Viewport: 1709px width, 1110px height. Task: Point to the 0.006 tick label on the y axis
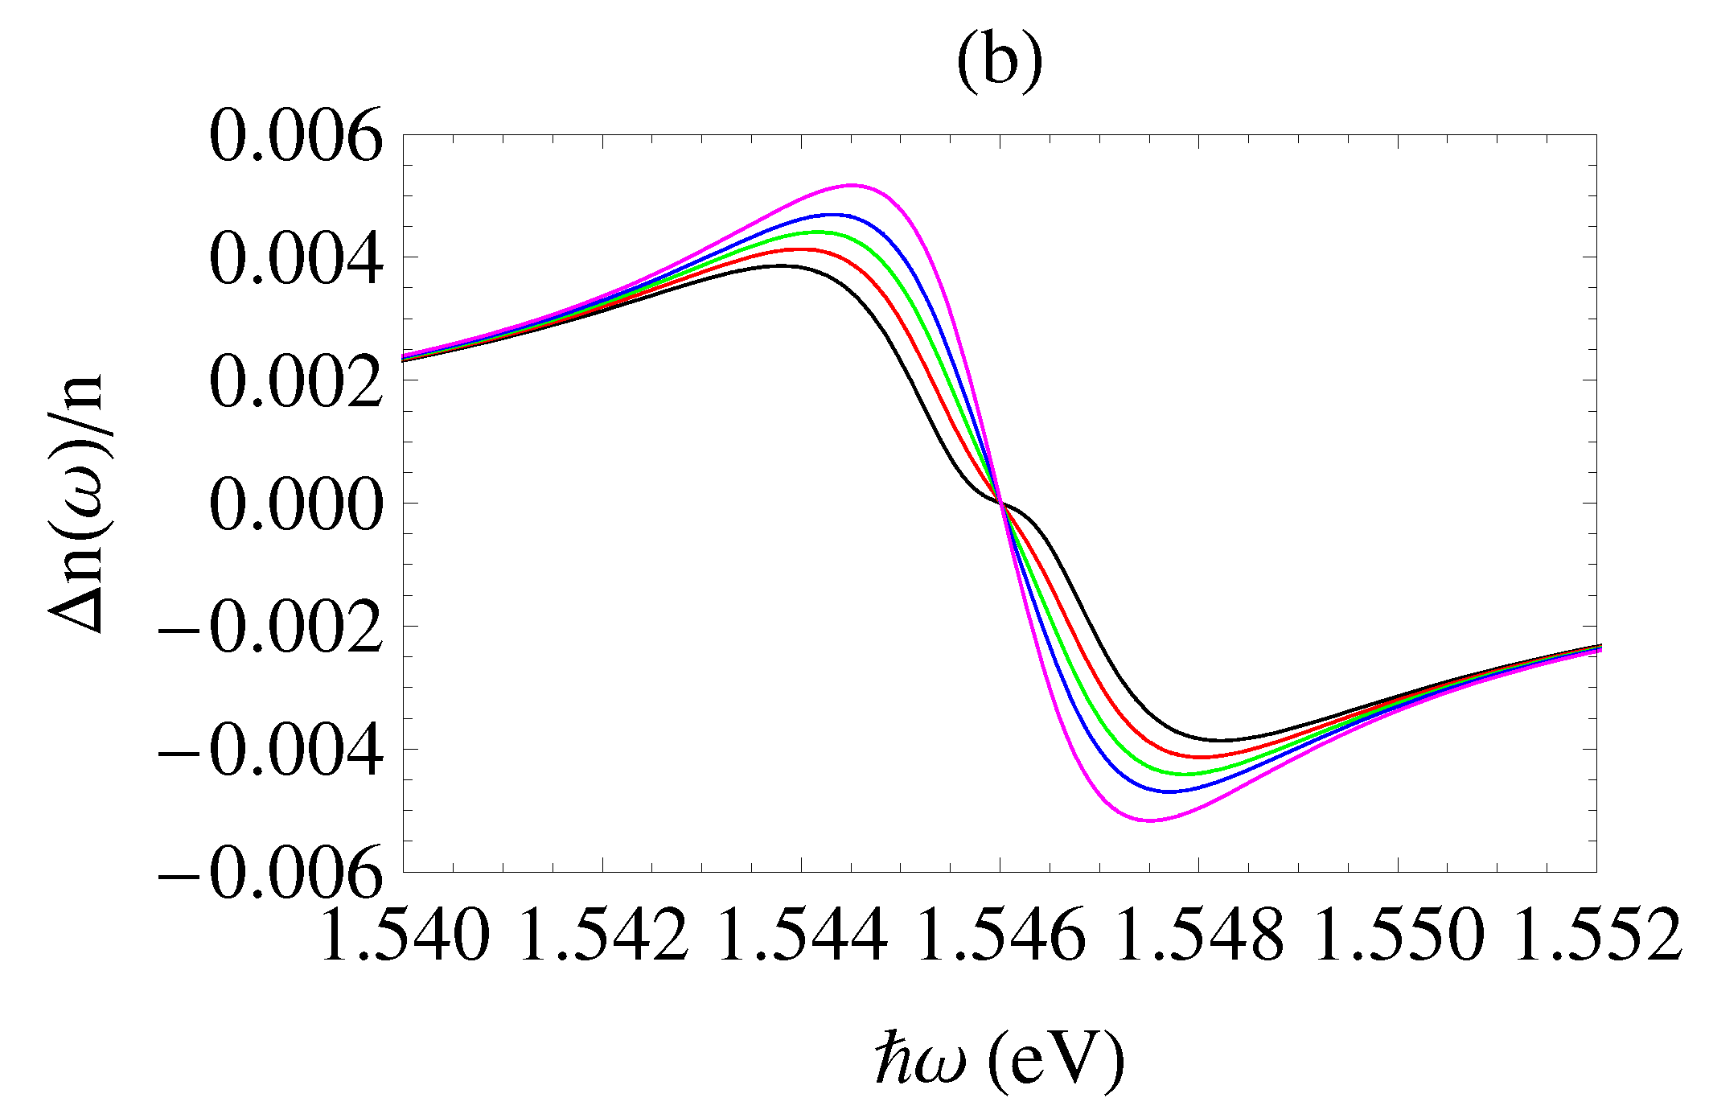[x=295, y=137]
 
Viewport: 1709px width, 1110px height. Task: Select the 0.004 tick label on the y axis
[x=295, y=259]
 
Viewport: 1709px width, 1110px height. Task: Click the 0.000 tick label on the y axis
[x=295, y=504]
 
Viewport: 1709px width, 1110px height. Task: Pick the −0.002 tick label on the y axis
[x=269, y=627]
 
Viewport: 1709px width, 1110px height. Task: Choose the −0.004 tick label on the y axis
[x=269, y=750]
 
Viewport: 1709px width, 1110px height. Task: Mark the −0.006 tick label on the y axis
[x=269, y=873]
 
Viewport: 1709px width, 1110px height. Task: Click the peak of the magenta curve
[x=852, y=185]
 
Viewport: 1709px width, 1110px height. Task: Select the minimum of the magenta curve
[x=1150, y=820]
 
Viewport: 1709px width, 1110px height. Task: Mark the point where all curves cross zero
[x=1000, y=503]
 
